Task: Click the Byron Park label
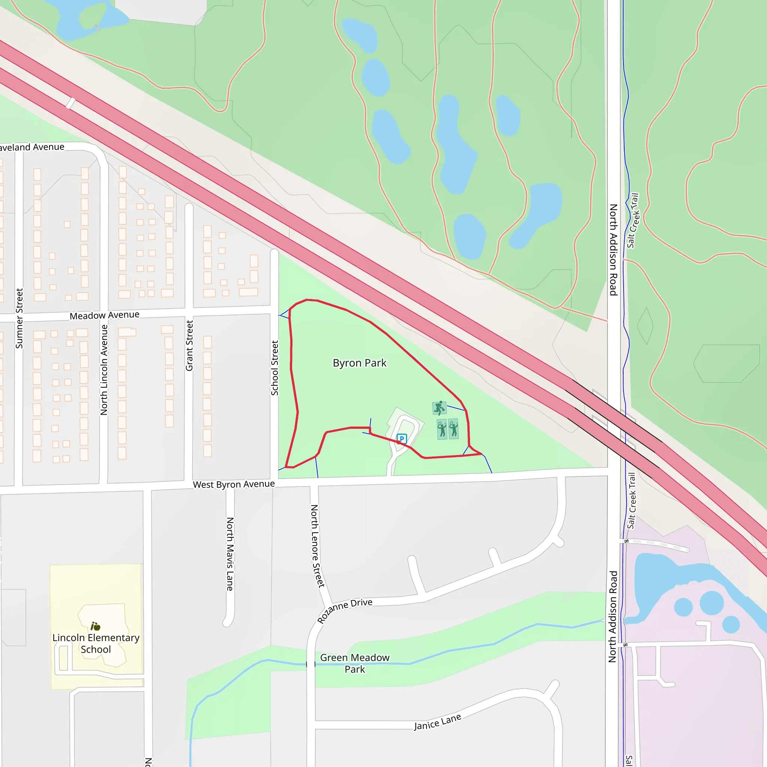(359, 363)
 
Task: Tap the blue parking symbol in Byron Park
(402, 439)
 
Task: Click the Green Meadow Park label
(355, 663)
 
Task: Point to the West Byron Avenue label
(233, 484)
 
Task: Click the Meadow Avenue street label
(104, 315)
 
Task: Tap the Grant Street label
(190, 345)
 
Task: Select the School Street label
(274, 368)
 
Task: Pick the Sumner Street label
(19, 318)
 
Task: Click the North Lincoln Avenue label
(104, 370)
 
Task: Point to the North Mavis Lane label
(230, 554)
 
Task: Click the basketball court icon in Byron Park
(439, 408)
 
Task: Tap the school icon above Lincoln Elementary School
(95, 627)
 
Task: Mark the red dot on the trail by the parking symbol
(398, 442)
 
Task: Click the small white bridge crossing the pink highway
(70, 103)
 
